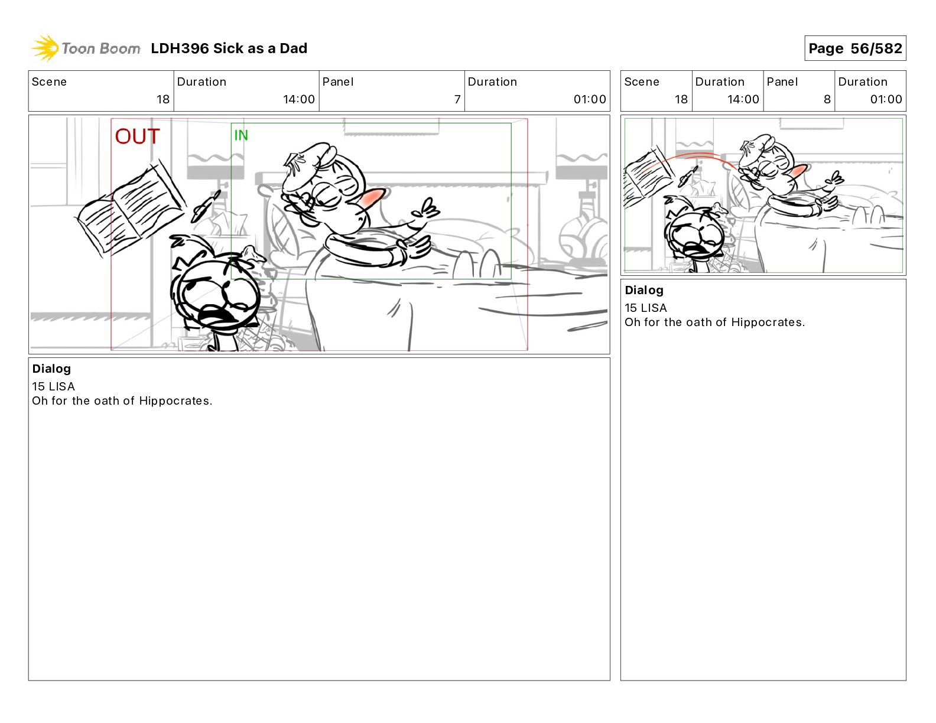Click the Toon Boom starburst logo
tap(44, 48)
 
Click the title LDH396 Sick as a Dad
tap(229, 48)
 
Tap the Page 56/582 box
tap(855, 48)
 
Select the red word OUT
tap(137, 136)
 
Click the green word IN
tap(241, 135)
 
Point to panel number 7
tap(457, 99)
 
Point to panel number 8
tap(827, 99)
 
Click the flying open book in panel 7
tap(131, 210)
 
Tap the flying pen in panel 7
tap(206, 207)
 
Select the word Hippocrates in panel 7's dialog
tap(175, 401)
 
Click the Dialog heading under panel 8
tap(644, 290)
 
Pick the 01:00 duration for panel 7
tap(590, 99)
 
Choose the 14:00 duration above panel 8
tap(743, 99)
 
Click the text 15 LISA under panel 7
tap(53, 387)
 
